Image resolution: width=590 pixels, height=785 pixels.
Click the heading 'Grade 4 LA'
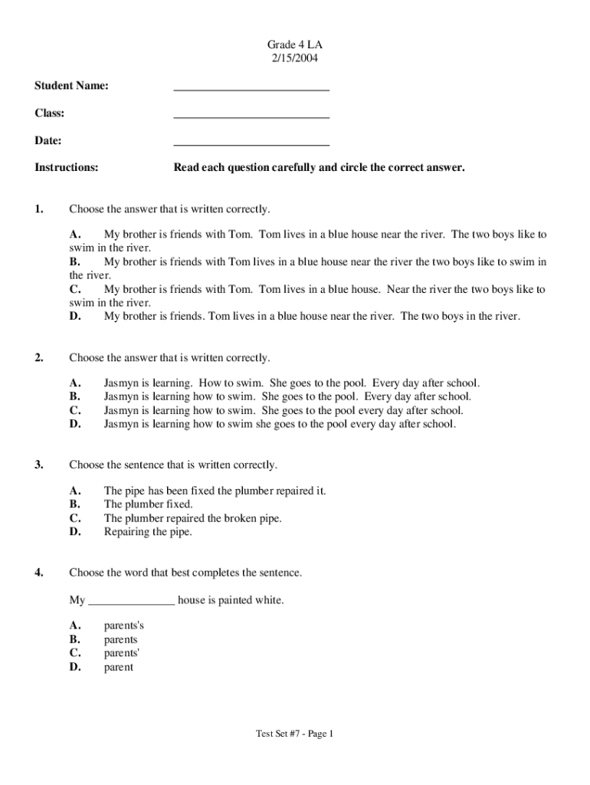tap(294, 44)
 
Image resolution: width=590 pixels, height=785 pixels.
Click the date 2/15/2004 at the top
tap(294, 57)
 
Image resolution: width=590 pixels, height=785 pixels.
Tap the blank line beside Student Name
tap(251, 89)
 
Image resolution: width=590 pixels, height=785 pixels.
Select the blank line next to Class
tap(251, 117)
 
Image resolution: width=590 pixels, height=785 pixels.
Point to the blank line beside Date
tap(251, 144)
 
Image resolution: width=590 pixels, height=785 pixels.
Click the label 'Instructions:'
tap(67, 167)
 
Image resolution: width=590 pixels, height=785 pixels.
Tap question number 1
tap(39, 209)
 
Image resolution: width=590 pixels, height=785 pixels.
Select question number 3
tap(39, 465)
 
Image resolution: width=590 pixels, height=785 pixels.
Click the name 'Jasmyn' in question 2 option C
tap(121, 410)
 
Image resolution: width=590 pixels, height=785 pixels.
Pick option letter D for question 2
tap(75, 424)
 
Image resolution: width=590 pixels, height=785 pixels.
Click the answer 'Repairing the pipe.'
tap(148, 532)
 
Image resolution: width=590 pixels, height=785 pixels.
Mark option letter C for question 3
tap(75, 518)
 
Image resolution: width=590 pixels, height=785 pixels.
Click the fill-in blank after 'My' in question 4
tap(132, 600)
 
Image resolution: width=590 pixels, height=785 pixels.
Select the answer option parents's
tap(124, 626)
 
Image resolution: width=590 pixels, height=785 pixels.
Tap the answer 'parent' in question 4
tap(119, 667)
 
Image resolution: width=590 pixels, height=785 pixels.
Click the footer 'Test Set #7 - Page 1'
tap(295, 734)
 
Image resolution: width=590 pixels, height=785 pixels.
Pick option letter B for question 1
tap(75, 261)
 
